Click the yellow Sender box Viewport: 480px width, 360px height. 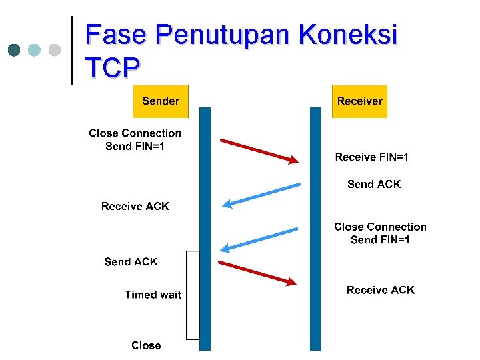[161, 101]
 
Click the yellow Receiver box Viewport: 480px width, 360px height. [359, 101]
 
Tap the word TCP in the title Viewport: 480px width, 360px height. [113, 67]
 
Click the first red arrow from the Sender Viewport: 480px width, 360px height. [259, 151]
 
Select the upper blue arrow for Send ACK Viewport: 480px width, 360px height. [261, 195]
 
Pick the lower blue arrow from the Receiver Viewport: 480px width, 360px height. [259, 239]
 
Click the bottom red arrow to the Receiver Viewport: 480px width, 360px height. [257, 273]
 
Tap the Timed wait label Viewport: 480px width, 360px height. [153, 295]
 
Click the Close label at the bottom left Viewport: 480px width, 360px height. [146, 345]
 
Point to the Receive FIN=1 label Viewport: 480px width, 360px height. [372, 157]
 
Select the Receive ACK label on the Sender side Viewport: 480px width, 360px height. [135, 207]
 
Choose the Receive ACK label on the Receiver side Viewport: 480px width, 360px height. [380, 290]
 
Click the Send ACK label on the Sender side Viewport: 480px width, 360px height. [131, 262]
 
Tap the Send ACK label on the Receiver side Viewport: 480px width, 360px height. [374, 185]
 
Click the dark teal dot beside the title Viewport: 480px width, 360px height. [15, 50]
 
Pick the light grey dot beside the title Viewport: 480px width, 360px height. [55, 50]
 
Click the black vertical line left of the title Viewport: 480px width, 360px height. [71, 50]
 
